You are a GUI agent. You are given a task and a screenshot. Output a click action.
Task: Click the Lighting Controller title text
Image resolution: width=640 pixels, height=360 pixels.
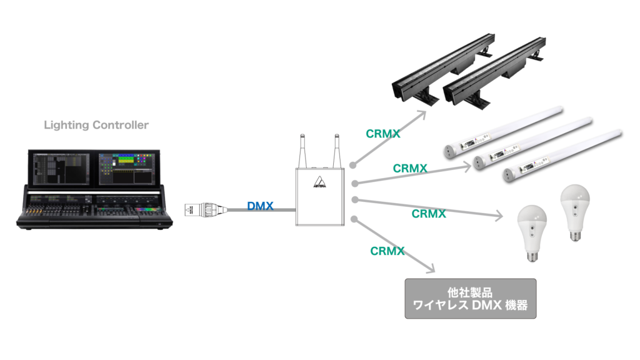click(x=96, y=126)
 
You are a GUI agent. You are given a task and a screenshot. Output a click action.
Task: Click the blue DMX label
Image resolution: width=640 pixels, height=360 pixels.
click(x=260, y=206)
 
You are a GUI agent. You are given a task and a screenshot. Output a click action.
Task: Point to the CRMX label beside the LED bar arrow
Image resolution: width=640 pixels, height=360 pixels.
click(x=382, y=133)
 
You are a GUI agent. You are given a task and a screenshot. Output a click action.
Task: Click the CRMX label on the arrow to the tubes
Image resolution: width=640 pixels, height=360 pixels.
click(x=410, y=169)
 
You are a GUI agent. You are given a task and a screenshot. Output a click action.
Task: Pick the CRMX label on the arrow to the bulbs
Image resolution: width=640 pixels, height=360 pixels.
click(x=429, y=214)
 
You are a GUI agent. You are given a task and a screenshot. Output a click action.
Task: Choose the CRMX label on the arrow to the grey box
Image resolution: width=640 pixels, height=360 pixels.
click(x=387, y=251)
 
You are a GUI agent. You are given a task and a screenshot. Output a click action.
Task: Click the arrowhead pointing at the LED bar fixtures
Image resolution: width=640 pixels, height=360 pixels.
click(x=423, y=114)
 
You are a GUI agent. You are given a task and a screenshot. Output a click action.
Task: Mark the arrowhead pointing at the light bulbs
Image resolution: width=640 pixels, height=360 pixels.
click(x=499, y=217)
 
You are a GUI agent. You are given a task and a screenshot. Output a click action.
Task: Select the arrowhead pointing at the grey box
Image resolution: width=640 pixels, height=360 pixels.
click(x=430, y=269)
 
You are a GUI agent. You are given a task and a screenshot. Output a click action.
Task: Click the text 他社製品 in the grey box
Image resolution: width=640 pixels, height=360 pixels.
click(x=471, y=291)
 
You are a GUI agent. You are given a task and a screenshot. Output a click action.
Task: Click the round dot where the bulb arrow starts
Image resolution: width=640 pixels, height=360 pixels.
click(x=354, y=199)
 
